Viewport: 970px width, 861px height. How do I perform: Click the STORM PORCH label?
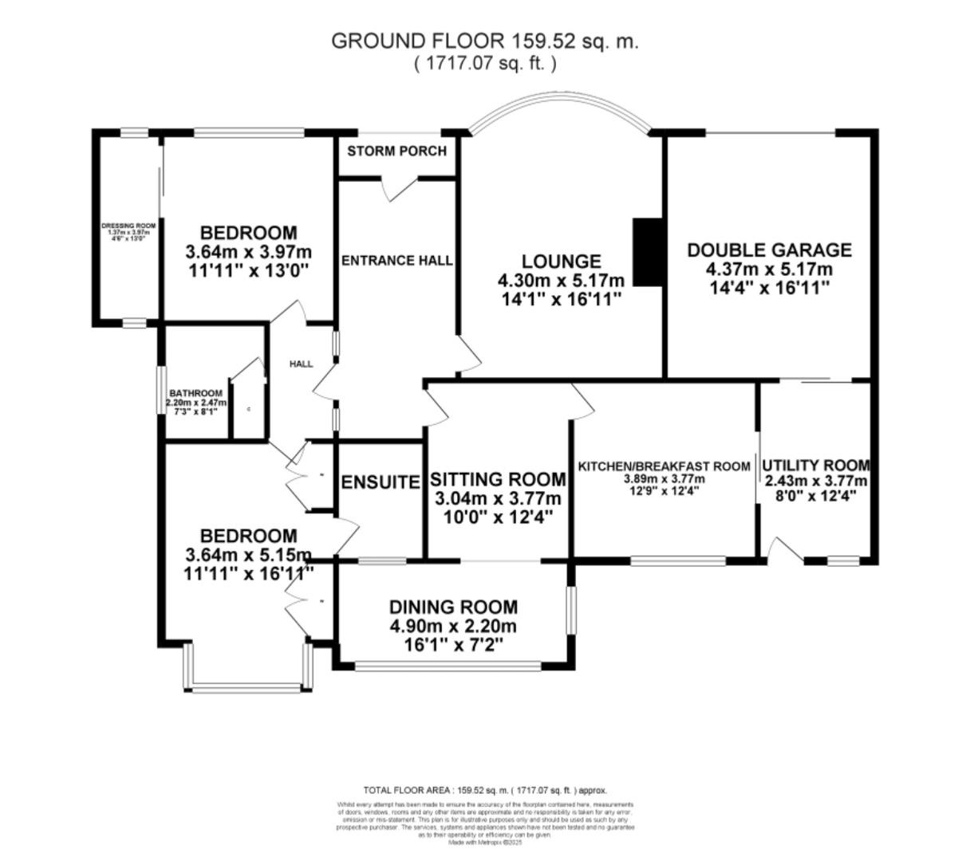(x=396, y=151)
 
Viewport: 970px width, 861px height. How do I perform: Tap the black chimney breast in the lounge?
(x=647, y=252)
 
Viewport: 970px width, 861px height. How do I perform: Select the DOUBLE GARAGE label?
(x=769, y=250)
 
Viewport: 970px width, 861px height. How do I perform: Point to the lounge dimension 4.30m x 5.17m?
(x=560, y=281)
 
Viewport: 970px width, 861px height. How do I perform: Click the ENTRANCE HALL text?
(x=396, y=261)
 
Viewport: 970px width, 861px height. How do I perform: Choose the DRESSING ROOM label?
(x=128, y=226)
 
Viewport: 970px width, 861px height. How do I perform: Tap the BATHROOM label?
(x=195, y=393)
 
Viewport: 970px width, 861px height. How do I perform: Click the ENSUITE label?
(x=381, y=482)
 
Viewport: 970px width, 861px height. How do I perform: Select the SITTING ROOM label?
(x=498, y=479)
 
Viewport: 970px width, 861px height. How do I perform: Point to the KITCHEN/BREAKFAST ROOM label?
(x=664, y=466)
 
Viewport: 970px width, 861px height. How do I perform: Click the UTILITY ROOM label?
(x=815, y=465)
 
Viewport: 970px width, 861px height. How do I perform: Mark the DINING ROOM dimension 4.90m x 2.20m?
(x=453, y=626)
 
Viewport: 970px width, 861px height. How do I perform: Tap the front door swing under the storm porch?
(x=399, y=187)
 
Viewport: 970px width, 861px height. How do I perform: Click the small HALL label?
(x=301, y=364)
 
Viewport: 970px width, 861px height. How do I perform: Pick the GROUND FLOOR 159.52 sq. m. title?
(x=484, y=41)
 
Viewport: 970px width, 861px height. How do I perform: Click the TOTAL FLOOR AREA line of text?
(x=485, y=790)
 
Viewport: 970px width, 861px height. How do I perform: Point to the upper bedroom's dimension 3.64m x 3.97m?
(x=247, y=252)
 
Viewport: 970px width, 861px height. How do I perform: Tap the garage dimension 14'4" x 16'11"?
(x=769, y=287)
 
